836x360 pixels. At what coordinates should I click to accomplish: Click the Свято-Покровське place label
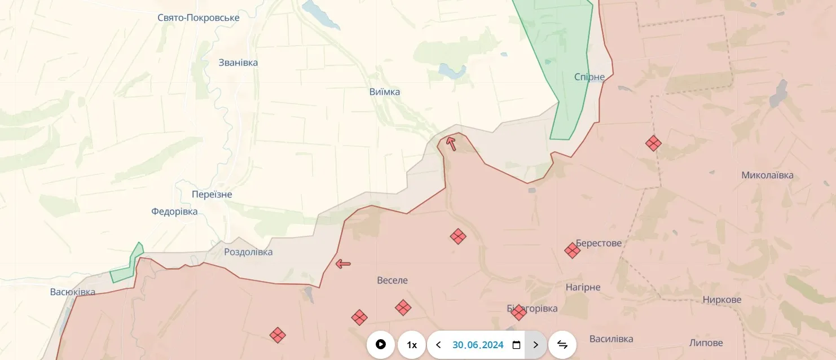pos(198,18)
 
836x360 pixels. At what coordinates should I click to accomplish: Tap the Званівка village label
pos(238,63)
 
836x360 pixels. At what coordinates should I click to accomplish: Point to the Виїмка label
pos(385,92)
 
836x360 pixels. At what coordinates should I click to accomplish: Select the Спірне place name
pos(589,77)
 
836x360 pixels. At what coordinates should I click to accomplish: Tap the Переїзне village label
pos(212,195)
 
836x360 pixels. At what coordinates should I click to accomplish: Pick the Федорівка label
pos(174,212)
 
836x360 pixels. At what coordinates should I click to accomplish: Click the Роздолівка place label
pos(248,252)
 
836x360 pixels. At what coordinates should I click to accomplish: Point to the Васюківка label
pos(73,292)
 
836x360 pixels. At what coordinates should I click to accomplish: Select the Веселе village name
pos(392,280)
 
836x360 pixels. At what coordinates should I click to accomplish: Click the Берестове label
pos(599,243)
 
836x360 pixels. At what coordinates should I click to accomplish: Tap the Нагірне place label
pos(583,287)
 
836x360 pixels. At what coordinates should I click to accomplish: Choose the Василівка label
pos(611,339)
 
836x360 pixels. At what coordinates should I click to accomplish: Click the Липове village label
pos(706,343)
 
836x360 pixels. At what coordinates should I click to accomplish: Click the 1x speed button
pos(412,345)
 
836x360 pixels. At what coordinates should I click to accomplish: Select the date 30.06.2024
pos(478,345)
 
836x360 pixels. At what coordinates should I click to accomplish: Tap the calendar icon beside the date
pos(516,345)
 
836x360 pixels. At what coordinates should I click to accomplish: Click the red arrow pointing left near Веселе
pos(343,264)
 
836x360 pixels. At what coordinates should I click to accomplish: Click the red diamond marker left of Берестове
pos(572,251)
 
